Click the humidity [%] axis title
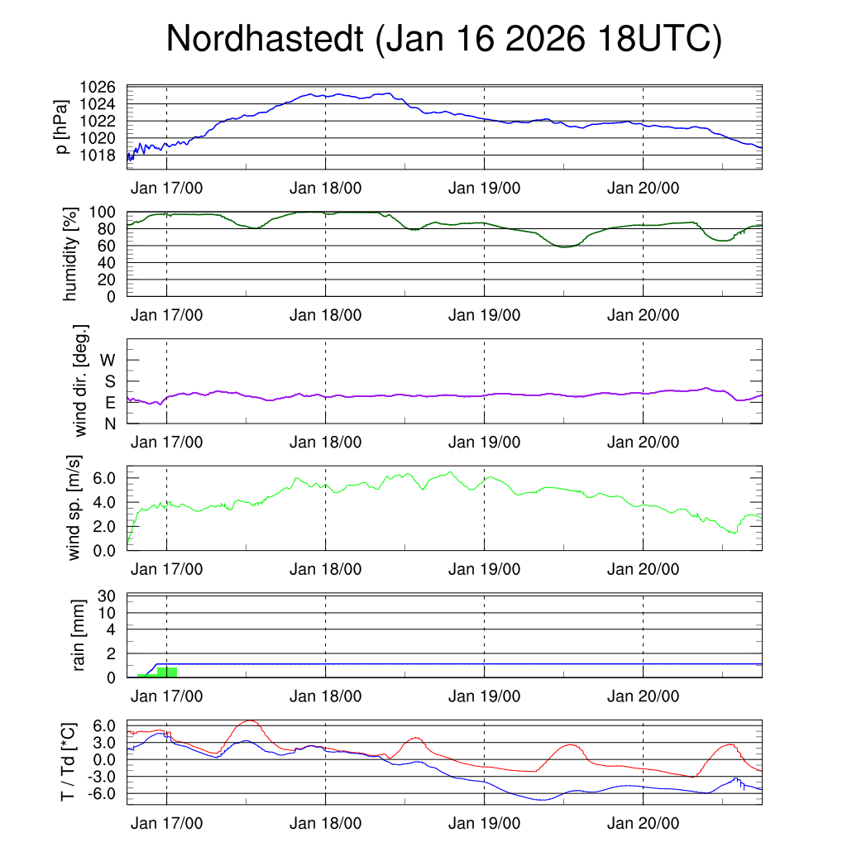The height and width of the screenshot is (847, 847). click(69, 254)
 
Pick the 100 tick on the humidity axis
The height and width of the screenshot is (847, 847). click(108, 212)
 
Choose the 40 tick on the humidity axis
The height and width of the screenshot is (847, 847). click(112, 262)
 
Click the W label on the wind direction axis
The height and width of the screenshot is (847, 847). click(108, 360)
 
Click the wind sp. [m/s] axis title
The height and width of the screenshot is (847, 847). click(75, 507)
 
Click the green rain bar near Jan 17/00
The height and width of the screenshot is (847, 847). click(166, 672)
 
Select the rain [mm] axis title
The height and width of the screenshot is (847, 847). click(79, 636)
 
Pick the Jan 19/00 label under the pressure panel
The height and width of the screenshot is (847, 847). click(484, 188)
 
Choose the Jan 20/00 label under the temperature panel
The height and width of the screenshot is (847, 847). click(643, 824)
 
